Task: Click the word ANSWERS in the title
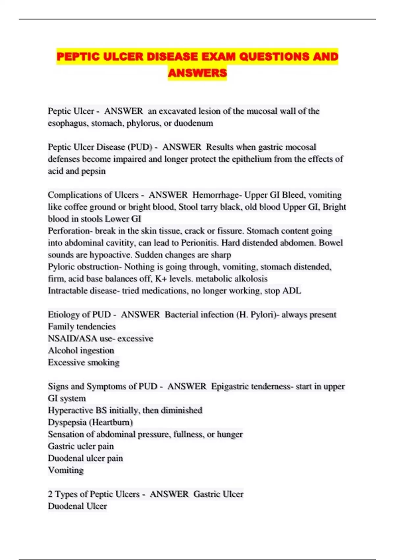point(197,72)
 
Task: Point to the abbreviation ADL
point(292,291)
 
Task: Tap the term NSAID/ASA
point(72,339)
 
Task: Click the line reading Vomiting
point(66,470)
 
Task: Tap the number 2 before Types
point(50,494)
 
